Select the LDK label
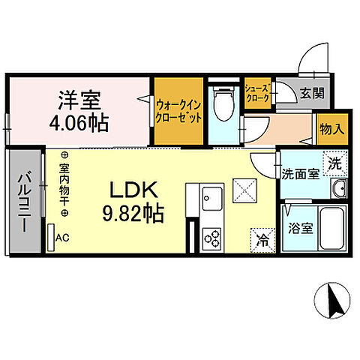pyautogui.click(x=135, y=190)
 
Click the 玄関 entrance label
pyautogui.click(x=311, y=94)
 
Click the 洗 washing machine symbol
pyautogui.click(x=335, y=160)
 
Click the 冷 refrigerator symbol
pyautogui.click(x=262, y=241)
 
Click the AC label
pyautogui.click(x=63, y=238)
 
